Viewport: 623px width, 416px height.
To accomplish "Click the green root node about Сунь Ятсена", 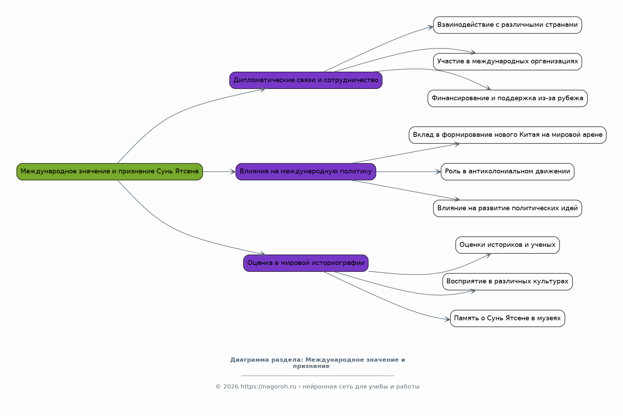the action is click(x=110, y=172).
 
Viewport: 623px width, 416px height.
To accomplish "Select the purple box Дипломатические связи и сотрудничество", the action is click(x=306, y=80).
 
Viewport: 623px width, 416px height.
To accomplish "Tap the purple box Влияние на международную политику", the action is click(x=306, y=172).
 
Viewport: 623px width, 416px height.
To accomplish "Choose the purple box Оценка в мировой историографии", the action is click(x=306, y=263).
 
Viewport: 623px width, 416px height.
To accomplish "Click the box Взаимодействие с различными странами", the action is click(x=508, y=25).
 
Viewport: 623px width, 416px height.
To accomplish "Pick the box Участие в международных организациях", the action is click(x=508, y=62).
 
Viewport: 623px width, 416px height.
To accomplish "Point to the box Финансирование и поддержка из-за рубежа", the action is click(x=508, y=99).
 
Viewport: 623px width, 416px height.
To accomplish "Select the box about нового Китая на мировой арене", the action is click(x=508, y=135).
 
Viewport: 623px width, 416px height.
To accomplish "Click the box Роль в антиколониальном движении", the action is click(x=508, y=172).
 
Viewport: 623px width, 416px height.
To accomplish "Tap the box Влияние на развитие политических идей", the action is click(x=508, y=208).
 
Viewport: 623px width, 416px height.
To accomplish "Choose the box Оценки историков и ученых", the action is click(x=508, y=245).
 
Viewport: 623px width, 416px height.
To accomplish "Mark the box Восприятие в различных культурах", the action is click(x=508, y=282).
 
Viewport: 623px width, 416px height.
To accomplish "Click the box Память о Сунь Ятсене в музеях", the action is click(x=508, y=318).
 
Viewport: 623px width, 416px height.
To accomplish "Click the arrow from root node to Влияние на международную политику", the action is click(x=219, y=172).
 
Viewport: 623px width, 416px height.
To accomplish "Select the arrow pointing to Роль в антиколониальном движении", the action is click(x=408, y=172).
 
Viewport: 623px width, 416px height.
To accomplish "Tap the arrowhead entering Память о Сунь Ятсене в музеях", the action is click(x=447, y=319).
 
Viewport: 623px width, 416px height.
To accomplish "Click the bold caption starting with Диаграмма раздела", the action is click(x=318, y=363).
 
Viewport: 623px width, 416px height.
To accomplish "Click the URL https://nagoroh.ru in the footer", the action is click(x=268, y=386).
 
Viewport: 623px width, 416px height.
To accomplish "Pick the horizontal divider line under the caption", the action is click(x=318, y=376).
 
